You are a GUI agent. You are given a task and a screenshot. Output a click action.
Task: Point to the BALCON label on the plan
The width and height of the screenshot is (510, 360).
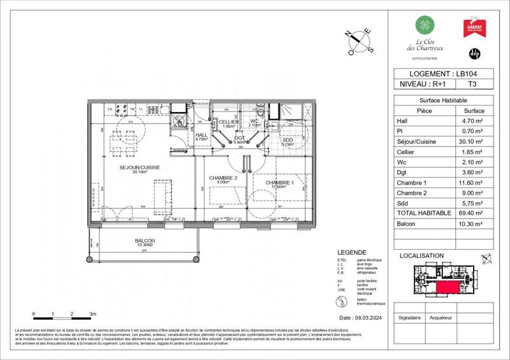[x=145, y=241]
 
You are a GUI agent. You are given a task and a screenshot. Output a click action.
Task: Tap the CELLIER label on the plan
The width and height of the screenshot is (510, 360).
[x=229, y=122]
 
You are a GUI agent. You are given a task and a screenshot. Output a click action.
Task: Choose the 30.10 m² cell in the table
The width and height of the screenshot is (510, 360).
[x=472, y=142]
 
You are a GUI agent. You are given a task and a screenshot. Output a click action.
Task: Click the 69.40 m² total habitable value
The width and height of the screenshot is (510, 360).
[x=472, y=213]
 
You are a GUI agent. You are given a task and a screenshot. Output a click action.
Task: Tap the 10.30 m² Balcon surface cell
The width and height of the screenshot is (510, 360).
[x=472, y=224]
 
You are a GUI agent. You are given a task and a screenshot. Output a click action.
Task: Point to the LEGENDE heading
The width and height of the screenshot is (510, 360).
[x=353, y=253]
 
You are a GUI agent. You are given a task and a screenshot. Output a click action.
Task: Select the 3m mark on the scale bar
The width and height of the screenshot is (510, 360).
[x=92, y=315]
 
